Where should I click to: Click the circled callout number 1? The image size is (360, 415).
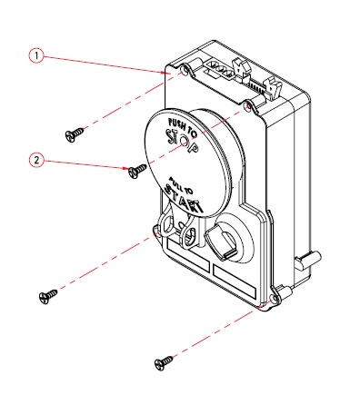(x=36, y=55)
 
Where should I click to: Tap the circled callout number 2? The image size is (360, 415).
(x=36, y=160)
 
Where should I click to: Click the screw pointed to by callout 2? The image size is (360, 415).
(x=137, y=171)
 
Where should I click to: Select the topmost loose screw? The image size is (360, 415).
(x=75, y=134)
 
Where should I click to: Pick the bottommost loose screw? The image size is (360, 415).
(x=164, y=363)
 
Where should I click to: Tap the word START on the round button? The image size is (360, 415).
(x=184, y=200)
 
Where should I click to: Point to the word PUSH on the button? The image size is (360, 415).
(x=175, y=124)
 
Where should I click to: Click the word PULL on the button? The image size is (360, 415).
(x=175, y=182)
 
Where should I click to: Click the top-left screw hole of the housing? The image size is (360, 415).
(x=184, y=71)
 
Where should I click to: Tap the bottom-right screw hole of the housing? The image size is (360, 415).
(x=275, y=299)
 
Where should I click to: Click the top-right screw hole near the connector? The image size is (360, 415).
(x=247, y=106)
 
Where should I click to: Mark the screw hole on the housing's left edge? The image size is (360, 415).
(x=156, y=231)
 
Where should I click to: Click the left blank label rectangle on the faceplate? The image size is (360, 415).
(x=188, y=254)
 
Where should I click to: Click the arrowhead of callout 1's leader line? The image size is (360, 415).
(x=165, y=73)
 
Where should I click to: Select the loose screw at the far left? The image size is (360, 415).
(x=48, y=297)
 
